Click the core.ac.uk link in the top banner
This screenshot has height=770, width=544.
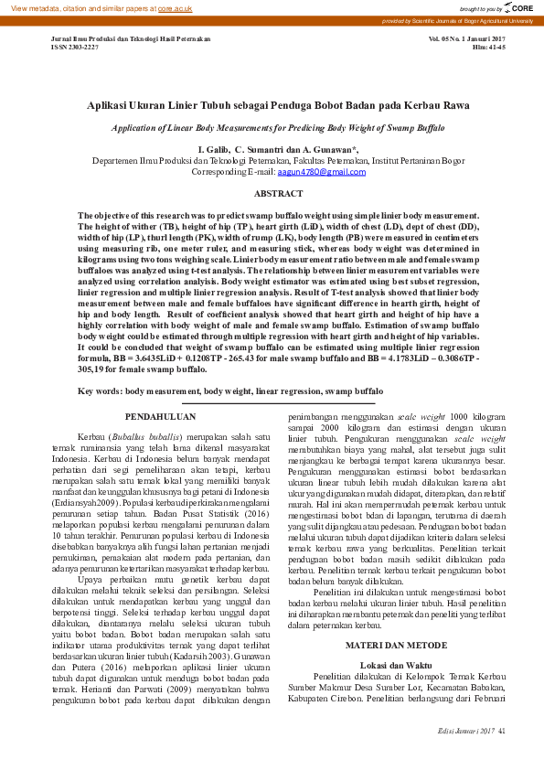pyautogui.click(x=175, y=7)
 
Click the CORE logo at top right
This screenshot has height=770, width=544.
pyautogui.click(x=517, y=7)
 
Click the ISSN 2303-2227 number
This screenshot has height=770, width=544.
pyautogui.click(x=74, y=48)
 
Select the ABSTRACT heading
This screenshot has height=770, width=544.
pyautogui.click(x=278, y=194)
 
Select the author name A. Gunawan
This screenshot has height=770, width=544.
pyautogui.click(x=330, y=149)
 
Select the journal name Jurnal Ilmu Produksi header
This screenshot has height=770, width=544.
pyautogui.click(x=131, y=39)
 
